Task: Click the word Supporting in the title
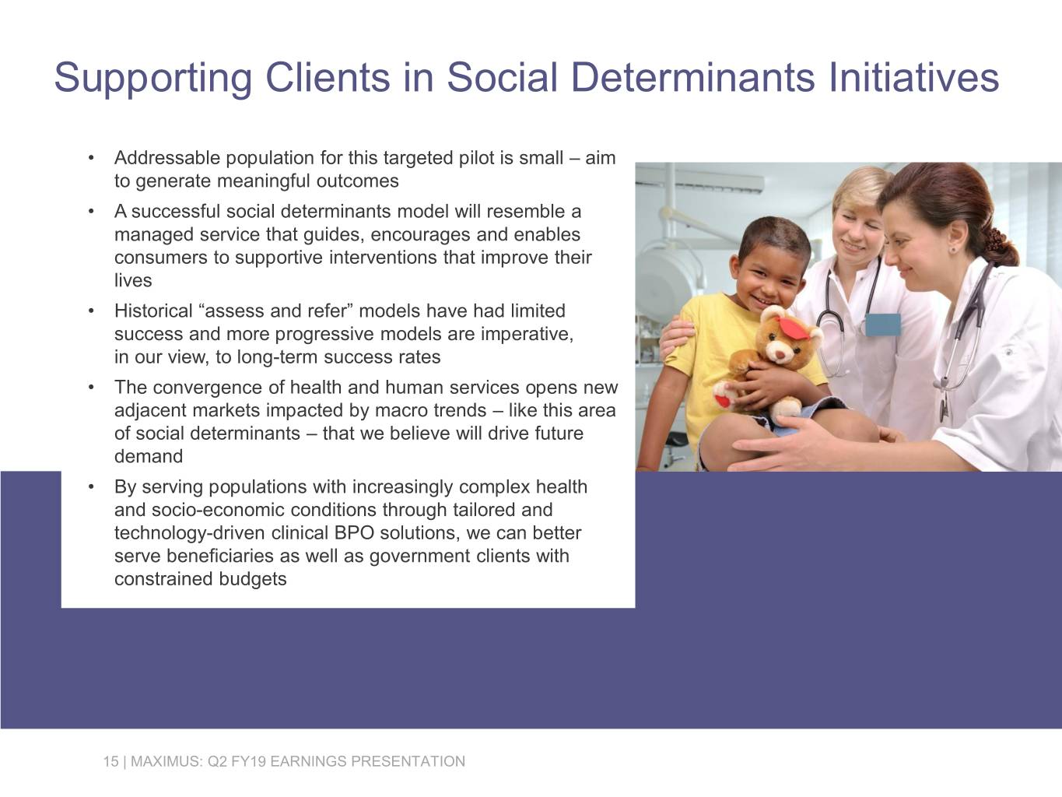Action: [x=152, y=78]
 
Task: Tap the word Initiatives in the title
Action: [x=913, y=78]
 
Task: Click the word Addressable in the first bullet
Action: [x=167, y=158]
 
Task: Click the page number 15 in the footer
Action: [x=110, y=761]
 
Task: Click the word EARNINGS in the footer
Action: [x=309, y=761]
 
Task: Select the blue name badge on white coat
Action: [x=882, y=324]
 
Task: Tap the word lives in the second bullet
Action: [x=133, y=281]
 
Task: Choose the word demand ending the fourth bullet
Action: [x=149, y=457]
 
